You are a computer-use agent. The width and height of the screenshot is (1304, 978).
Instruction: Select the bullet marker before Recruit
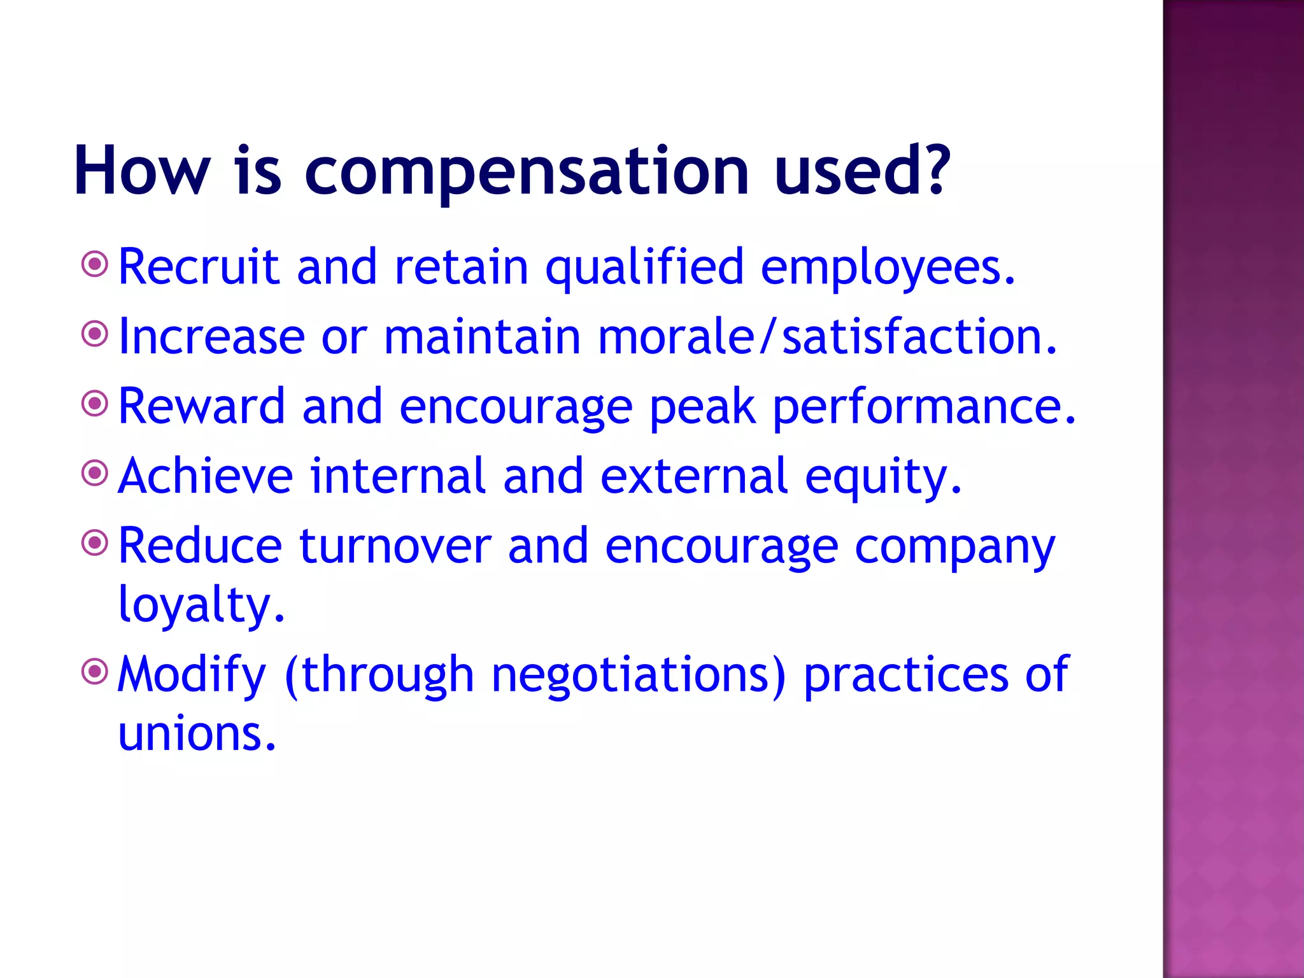[96, 264]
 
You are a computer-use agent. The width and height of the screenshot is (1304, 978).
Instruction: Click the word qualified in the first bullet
[644, 267]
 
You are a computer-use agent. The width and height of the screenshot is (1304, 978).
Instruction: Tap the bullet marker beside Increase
[96, 334]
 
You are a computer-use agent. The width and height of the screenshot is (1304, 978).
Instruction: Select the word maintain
[482, 336]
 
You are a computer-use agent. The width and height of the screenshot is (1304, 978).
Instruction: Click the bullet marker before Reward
[96, 403]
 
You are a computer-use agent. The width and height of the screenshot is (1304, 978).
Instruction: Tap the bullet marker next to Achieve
[96, 473]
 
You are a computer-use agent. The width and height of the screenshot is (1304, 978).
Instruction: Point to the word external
[694, 476]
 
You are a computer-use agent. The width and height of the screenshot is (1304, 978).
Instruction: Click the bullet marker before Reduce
[96, 542]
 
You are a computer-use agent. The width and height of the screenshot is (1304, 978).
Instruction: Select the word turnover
[395, 546]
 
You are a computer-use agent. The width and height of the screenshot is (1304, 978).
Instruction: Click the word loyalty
[201, 605]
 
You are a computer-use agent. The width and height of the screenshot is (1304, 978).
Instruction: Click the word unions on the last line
[197, 733]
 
